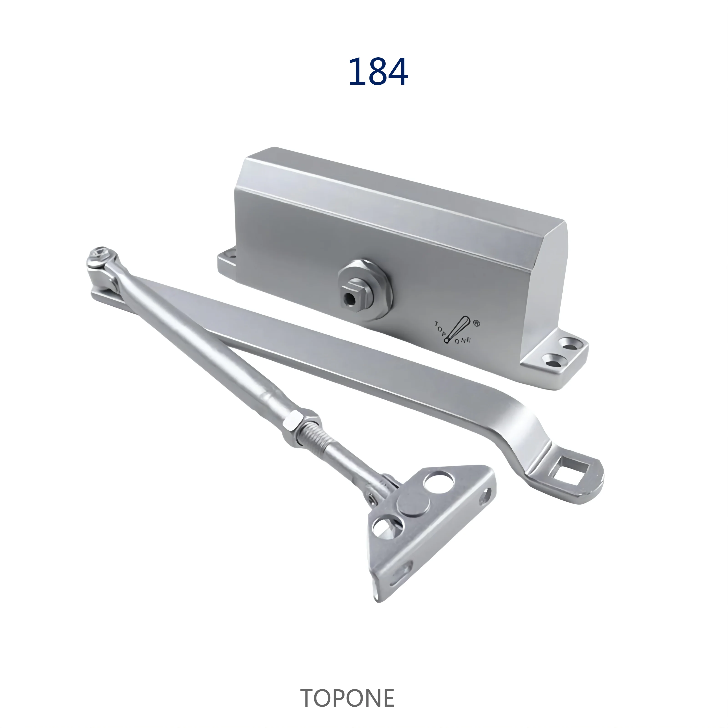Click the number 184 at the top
[378, 72]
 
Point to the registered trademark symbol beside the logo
[476, 323]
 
